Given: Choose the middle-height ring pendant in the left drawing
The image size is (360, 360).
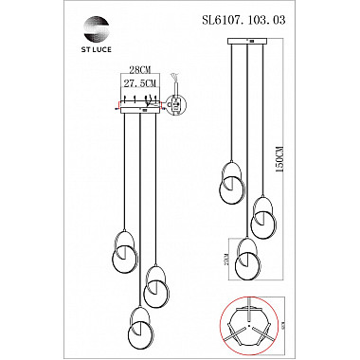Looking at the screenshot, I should pyautogui.click(x=156, y=284).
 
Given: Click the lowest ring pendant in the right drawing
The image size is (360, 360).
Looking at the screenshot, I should pyautogui.click(x=249, y=256).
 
